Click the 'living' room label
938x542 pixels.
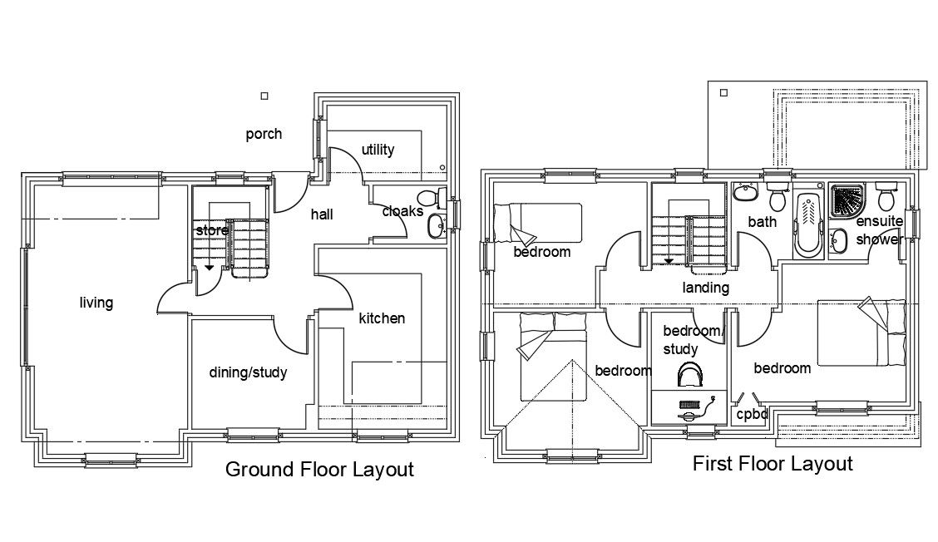(x=96, y=303)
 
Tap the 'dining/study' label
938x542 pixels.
(x=248, y=372)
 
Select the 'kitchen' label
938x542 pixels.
(x=382, y=318)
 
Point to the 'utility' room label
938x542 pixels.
(x=378, y=150)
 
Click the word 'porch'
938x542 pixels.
(x=264, y=134)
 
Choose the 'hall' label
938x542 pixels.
(x=322, y=214)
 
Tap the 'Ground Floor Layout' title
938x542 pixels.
(x=319, y=470)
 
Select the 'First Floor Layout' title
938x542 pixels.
(x=773, y=464)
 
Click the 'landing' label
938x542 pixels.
(x=705, y=288)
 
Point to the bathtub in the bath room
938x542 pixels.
(x=808, y=224)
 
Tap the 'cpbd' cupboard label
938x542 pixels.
(x=752, y=413)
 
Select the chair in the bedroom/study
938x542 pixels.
(x=689, y=376)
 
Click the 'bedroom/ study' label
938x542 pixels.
(x=693, y=339)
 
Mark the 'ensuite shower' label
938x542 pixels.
(x=879, y=230)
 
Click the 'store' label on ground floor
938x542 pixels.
(x=211, y=229)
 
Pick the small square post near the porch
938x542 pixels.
(x=264, y=96)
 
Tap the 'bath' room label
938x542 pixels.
(x=762, y=222)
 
